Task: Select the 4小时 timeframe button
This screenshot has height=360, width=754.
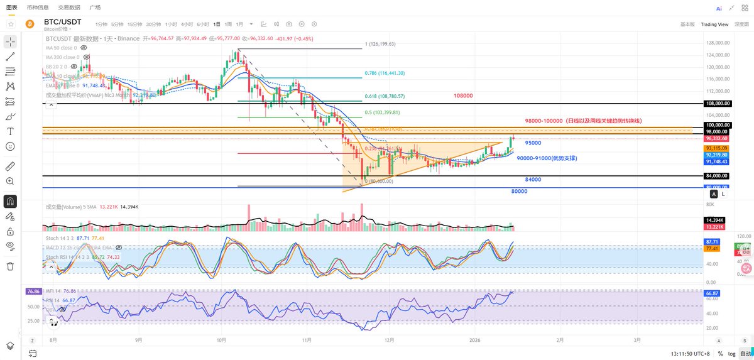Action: tap(187, 24)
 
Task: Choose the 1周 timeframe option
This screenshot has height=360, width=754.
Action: tap(228, 24)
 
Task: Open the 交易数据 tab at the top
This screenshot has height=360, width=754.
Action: tap(68, 7)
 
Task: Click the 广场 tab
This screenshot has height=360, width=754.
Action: tap(95, 7)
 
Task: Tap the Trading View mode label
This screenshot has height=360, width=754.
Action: tap(714, 24)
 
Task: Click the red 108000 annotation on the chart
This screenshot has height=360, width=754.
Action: tap(462, 95)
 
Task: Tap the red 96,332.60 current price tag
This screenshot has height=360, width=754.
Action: tap(717, 138)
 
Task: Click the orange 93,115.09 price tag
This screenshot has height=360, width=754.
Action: tap(717, 147)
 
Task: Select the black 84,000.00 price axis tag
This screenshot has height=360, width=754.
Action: tap(717, 176)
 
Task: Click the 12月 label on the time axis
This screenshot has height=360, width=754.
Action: tap(390, 339)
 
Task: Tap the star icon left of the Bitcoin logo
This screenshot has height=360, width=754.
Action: tap(11, 24)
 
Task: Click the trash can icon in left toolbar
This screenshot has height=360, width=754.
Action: tap(10, 266)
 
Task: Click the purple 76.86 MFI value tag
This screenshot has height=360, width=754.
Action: tap(33, 292)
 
